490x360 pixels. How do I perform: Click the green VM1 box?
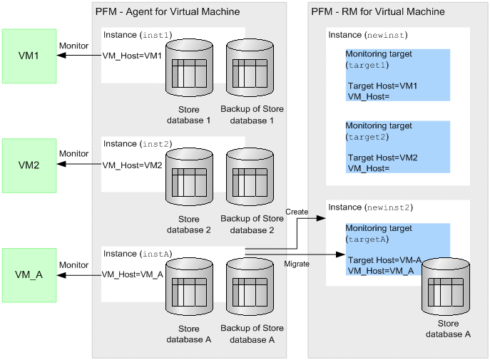point(29,56)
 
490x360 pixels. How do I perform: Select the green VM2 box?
point(29,165)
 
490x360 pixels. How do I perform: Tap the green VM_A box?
point(29,275)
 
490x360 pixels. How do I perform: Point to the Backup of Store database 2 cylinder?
point(252,179)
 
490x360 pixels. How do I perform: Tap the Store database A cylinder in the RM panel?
point(447,293)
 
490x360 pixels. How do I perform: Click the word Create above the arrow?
point(297,212)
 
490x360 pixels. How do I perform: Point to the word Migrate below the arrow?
point(297,264)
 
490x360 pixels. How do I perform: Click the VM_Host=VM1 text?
point(133,56)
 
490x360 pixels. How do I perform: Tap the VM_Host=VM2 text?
point(133,165)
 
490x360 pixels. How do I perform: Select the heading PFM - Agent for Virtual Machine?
point(168,12)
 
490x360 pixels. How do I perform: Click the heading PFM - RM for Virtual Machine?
point(378,12)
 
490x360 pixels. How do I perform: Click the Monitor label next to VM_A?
point(73,264)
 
